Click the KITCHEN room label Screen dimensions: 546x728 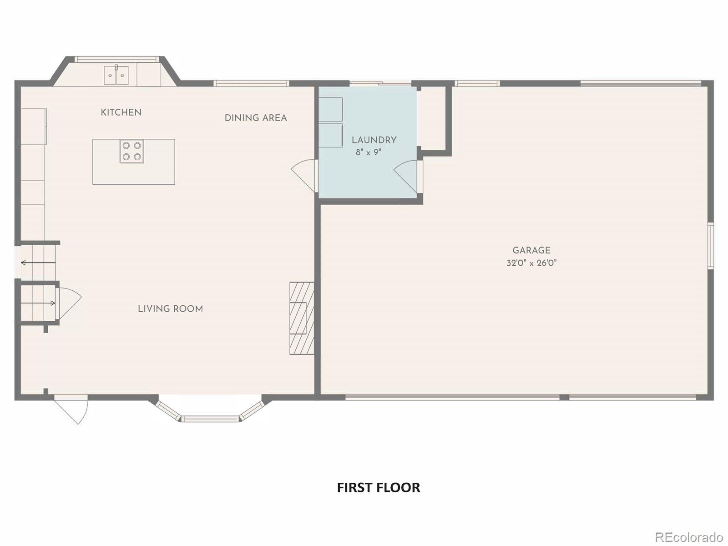[121, 112]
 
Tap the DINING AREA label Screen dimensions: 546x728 [256, 118]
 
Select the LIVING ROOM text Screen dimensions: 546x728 [170, 309]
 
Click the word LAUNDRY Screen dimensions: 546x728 [374, 140]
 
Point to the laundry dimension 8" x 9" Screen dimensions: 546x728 [368, 152]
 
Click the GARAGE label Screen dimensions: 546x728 [531, 250]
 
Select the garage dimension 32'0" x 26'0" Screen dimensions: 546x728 [531, 263]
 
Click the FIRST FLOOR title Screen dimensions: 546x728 [378, 487]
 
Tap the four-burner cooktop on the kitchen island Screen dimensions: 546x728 [132, 152]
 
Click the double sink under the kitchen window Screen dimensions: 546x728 [116, 75]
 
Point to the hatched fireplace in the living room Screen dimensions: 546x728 [302, 318]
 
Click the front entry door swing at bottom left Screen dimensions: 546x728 [73, 409]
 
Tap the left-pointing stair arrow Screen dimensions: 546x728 [38, 263]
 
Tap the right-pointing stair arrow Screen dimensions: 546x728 [38, 303]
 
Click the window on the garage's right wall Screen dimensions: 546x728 [710, 246]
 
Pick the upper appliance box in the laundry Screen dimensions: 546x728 [330, 109]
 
